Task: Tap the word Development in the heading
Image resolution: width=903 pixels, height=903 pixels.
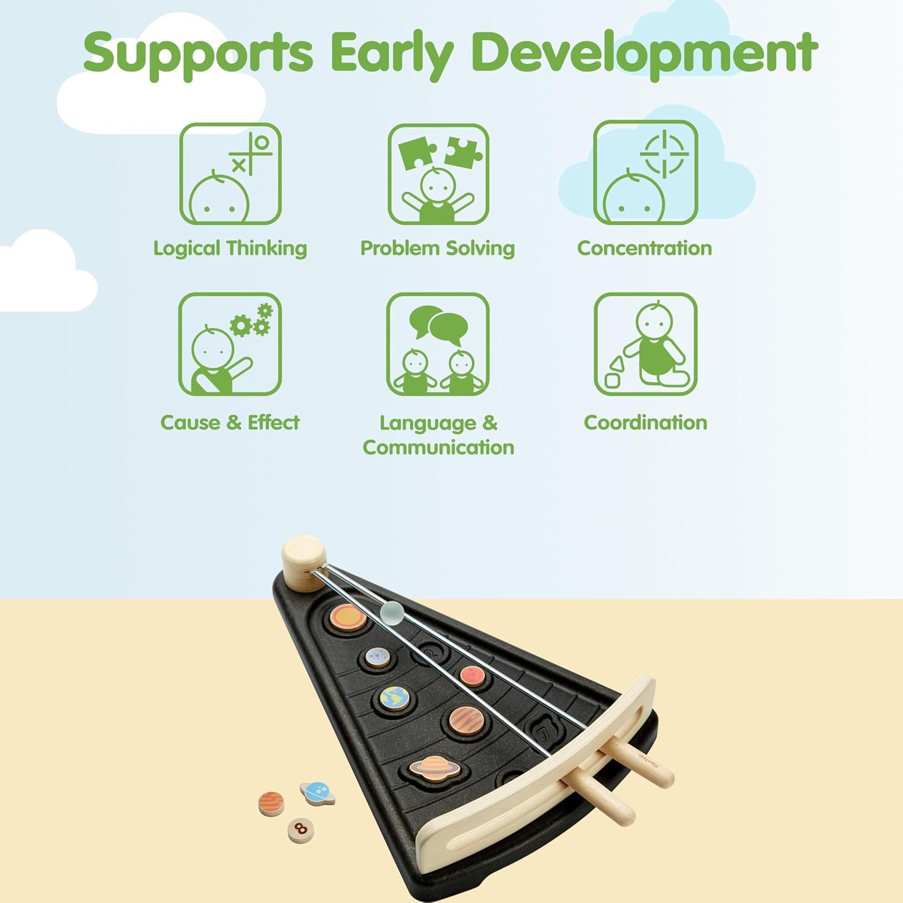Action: point(645,52)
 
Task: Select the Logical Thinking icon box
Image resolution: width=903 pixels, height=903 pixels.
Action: point(231,174)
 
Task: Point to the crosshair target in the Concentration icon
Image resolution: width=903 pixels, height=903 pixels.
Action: point(664,154)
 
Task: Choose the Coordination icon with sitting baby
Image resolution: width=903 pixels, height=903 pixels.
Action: point(646,344)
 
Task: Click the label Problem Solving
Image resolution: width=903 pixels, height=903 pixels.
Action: point(438,249)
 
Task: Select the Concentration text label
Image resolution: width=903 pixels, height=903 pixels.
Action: point(645,248)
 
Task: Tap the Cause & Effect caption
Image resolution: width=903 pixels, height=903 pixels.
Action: point(230,423)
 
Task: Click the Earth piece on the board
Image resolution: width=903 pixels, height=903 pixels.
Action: point(395,698)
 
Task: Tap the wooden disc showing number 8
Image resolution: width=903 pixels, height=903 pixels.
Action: point(300,830)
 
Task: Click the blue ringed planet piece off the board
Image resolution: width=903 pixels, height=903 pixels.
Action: point(317,793)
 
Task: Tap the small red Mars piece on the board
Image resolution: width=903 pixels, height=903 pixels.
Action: point(473,675)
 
